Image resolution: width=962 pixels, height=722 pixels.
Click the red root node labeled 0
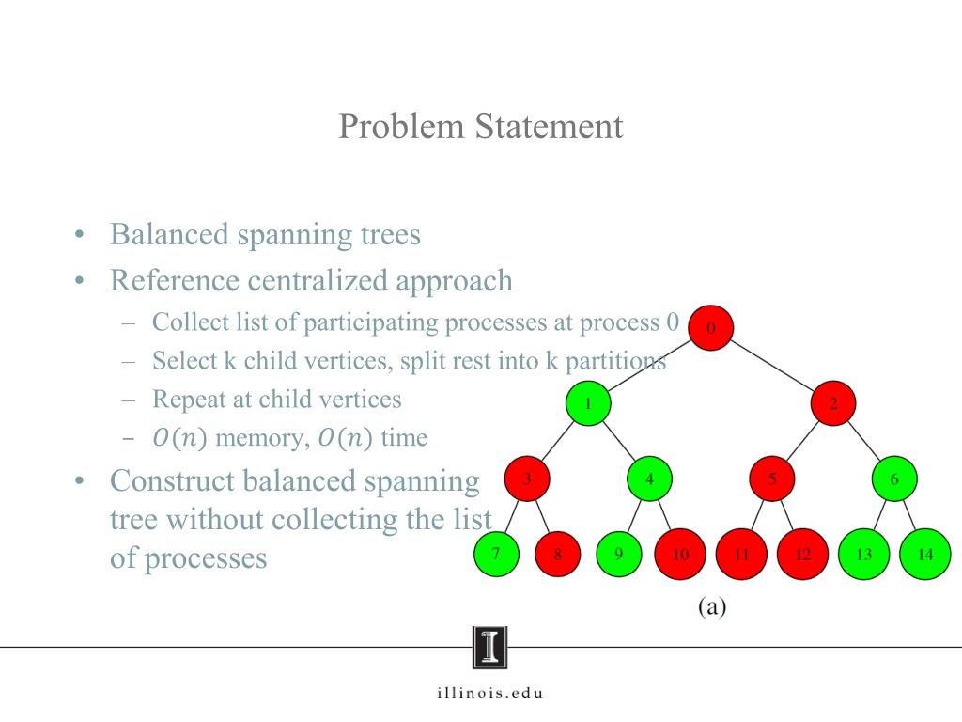(710, 328)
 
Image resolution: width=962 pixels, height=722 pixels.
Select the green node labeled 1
(588, 404)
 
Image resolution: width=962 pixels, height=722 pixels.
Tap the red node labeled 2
(833, 404)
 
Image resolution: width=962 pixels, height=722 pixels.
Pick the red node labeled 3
(527, 479)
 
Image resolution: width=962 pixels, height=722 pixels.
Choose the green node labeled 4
(649, 479)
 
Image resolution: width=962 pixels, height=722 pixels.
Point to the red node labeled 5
(772, 479)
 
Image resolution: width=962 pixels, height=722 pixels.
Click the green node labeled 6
(894, 479)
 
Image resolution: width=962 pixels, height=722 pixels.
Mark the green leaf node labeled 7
(496, 554)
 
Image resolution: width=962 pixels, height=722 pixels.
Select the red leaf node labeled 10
(680, 554)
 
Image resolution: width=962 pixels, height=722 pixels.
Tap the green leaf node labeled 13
(863, 554)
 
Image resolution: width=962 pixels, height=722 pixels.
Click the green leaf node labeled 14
(925, 554)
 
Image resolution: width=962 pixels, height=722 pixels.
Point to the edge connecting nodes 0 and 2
(772, 367)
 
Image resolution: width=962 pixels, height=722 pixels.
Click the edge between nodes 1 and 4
(619, 442)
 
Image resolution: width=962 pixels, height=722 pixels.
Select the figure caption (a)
(711, 606)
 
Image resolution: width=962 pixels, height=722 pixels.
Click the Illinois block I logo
(489, 648)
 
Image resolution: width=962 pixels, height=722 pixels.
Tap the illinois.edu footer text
(489, 694)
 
